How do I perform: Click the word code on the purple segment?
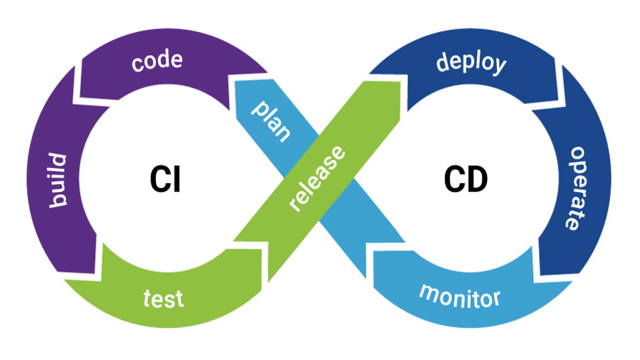pos(157,61)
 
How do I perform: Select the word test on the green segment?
pos(163,298)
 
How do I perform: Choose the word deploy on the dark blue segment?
pos(471,63)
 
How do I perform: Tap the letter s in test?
pos(170,299)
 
